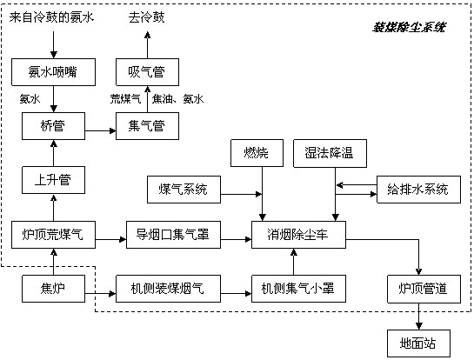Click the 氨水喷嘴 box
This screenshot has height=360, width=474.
[54, 72]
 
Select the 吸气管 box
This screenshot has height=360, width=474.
[147, 72]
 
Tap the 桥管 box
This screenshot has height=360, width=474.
[54, 126]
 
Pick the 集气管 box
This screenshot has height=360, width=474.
[147, 126]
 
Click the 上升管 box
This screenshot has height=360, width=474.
[54, 180]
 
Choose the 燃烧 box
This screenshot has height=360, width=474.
[257, 153]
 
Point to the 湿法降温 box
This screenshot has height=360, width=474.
[330, 153]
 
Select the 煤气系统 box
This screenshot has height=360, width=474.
[184, 190]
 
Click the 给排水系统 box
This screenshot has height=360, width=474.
[418, 190]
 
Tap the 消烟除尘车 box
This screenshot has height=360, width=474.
[298, 235]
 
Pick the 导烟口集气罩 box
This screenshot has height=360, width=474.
[173, 235]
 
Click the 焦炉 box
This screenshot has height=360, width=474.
[54, 289]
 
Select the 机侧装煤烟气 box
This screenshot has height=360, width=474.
[168, 289]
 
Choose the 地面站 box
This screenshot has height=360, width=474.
[418, 343]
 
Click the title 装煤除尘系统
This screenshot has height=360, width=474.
[409, 28]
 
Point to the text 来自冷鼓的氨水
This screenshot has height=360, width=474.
[51, 17]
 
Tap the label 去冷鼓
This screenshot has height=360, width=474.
[147, 17]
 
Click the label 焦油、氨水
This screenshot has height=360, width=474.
[177, 99]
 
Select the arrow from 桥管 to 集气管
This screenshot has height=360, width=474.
[100, 131]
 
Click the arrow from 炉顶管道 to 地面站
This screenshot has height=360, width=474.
[418, 317]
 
